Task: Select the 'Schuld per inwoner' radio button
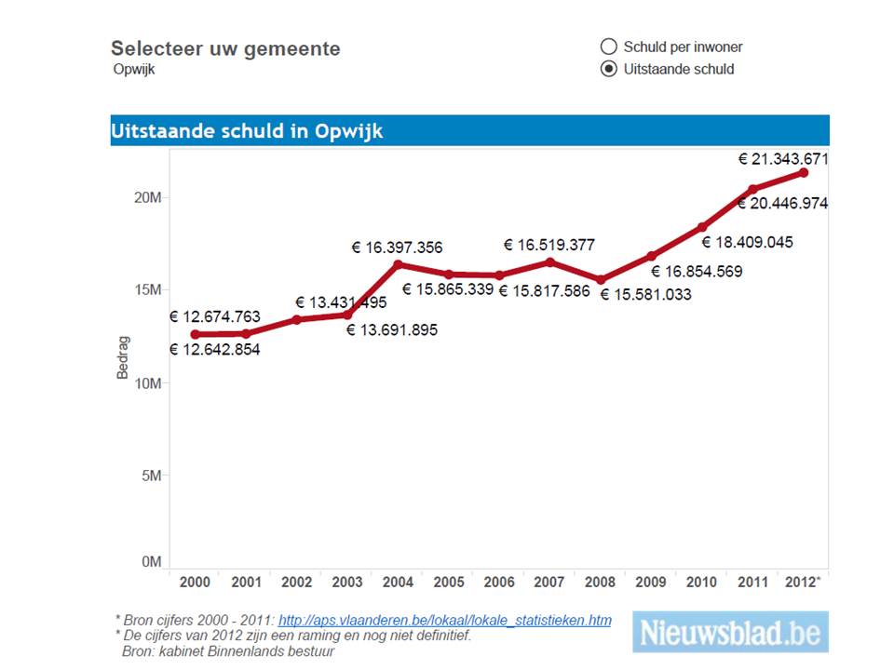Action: pyautogui.click(x=609, y=47)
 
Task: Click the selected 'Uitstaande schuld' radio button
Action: pyautogui.click(x=609, y=69)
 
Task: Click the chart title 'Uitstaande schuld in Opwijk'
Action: pyautogui.click(x=247, y=131)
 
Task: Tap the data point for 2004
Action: pyautogui.click(x=398, y=264)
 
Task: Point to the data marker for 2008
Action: pyautogui.click(x=601, y=280)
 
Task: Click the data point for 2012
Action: pyautogui.click(x=804, y=172)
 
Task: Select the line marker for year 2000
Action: pyautogui.click(x=195, y=334)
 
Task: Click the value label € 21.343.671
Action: pyautogui.click(x=783, y=159)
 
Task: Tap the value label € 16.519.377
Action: pyautogui.click(x=549, y=245)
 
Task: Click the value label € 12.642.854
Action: pyautogui.click(x=215, y=350)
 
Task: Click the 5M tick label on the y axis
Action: pyautogui.click(x=151, y=476)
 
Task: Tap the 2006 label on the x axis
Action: pyautogui.click(x=499, y=582)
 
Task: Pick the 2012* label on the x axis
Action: pyautogui.click(x=804, y=582)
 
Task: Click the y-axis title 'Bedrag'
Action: pyautogui.click(x=123, y=358)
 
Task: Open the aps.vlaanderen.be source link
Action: pyautogui.click(x=445, y=620)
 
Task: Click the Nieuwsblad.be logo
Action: pyautogui.click(x=730, y=633)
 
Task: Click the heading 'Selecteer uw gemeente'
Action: pyautogui.click(x=225, y=48)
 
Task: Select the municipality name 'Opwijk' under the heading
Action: pyautogui.click(x=133, y=70)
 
